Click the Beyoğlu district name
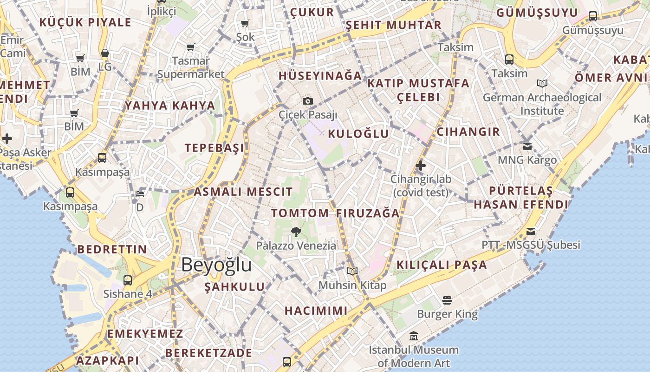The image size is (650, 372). click(216, 265)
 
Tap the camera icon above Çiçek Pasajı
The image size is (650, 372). click(307, 101)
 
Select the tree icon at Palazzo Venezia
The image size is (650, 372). click(296, 232)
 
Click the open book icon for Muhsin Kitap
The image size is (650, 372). click(352, 271)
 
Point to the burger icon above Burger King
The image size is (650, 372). click(447, 300)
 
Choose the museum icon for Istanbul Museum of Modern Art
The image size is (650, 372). click(413, 336)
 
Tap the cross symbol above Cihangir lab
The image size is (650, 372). click(421, 165)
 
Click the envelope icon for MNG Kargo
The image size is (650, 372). click(527, 146)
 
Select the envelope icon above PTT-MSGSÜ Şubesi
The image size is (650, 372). click(531, 231)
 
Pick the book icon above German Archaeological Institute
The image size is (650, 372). click(542, 84)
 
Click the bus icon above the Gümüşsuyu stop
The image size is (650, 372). click(593, 16)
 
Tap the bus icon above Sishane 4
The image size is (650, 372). click(128, 280)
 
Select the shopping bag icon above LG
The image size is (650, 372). click(105, 53)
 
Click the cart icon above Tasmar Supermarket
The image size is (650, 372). click(190, 47)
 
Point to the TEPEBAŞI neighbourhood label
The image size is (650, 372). click(214, 148)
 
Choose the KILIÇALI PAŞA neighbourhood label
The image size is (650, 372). click(442, 265)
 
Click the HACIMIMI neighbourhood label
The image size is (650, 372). click(316, 311)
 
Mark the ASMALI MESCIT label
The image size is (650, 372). click(243, 192)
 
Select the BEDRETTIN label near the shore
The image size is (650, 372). click(112, 249)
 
